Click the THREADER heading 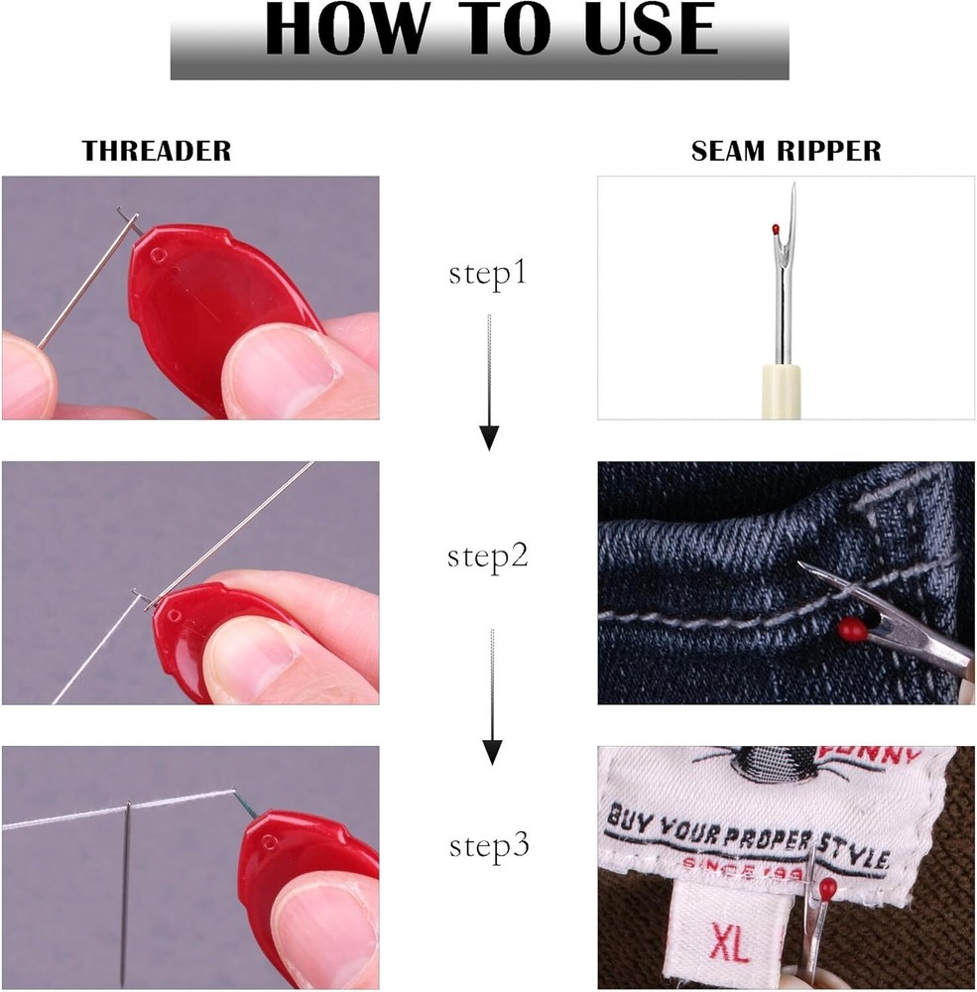(157, 151)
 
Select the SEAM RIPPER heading (786, 151)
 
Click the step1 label (487, 275)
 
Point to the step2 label (487, 557)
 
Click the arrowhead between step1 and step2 (489, 436)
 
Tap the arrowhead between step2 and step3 (489, 752)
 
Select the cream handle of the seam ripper (780, 392)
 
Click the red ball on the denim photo (849, 628)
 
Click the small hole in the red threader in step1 (156, 256)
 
